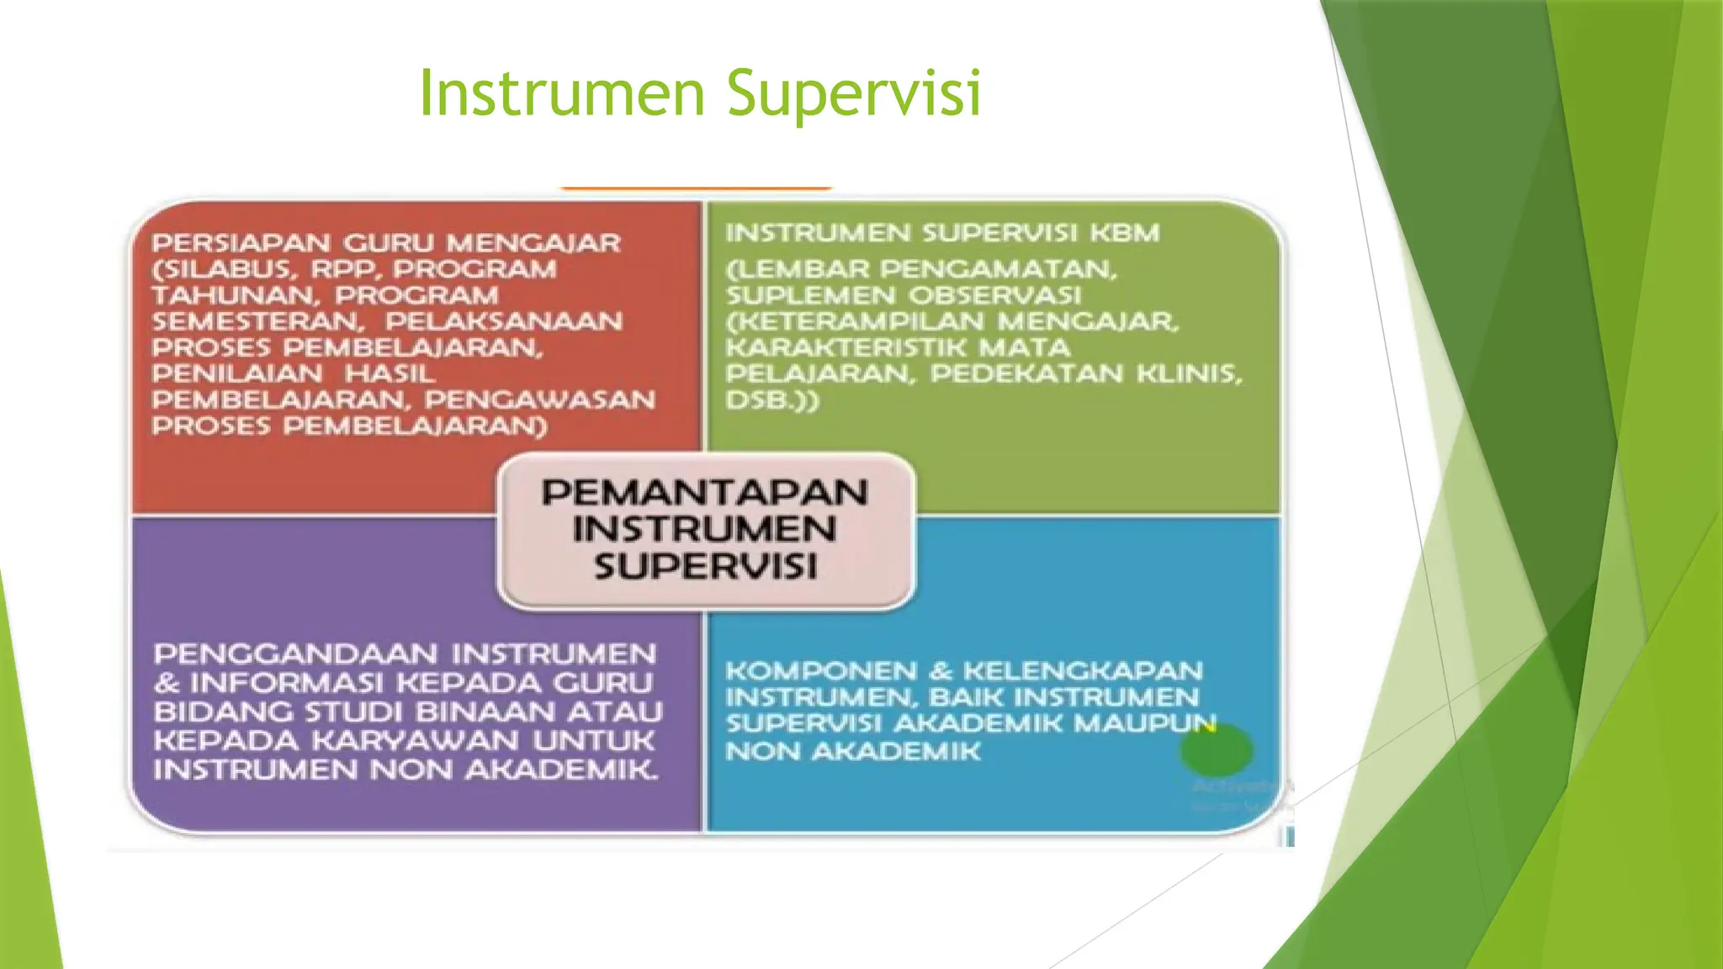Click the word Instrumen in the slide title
(561, 93)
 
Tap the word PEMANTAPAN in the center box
(705, 493)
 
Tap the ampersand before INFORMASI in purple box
(167, 684)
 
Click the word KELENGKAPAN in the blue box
(1084, 671)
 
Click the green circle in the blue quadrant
(1217, 749)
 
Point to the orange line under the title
(696, 188)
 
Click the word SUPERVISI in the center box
(705, 566)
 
